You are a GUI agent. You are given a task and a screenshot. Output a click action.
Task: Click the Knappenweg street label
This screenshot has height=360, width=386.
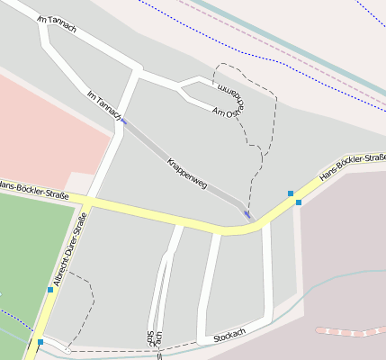coord(187,174)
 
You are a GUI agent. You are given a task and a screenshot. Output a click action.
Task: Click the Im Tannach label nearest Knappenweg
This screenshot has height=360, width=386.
coord(103,105)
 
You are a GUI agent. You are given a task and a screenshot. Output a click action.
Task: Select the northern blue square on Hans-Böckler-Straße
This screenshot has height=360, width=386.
coord(291,193)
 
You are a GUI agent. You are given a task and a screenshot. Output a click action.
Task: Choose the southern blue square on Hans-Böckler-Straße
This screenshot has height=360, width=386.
coord(299,202)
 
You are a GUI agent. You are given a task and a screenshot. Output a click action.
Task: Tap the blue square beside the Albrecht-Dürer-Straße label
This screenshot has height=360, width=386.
coord(50,289)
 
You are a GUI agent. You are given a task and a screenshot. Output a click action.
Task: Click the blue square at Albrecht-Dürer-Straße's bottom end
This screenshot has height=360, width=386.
coord(40,342)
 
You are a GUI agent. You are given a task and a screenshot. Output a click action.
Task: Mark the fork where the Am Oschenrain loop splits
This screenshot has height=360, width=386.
coord(181,88)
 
